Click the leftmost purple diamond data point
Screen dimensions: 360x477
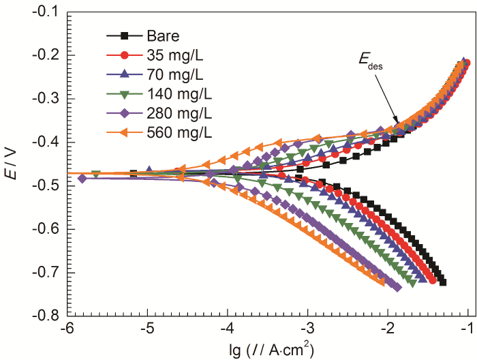(x=82, y=179)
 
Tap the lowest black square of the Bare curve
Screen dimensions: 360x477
(x=443, y=282)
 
